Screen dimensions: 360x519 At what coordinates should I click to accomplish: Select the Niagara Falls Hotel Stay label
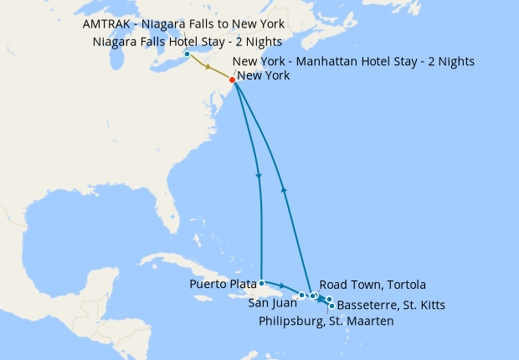(x=188, y=42)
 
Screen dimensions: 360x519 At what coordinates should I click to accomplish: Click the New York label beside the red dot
(x=264, y=76)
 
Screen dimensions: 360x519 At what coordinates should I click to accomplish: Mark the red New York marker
(x=232, y=80)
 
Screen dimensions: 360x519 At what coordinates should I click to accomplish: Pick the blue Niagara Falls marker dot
(x=187, y=54)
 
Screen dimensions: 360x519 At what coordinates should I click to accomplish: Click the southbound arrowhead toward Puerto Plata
(x=259, y=177)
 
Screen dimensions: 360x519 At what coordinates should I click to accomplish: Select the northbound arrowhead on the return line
(x=285, y=189)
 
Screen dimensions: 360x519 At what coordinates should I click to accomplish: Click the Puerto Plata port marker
(x=262, y=283)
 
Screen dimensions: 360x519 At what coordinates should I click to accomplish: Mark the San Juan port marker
(x=301, y=295)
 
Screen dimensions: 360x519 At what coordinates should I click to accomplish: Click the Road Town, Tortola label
(x=373, y=285)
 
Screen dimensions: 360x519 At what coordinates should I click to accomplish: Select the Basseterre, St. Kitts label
(x=390, y=305)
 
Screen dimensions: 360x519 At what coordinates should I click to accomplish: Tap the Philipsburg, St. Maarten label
(x=326, y=321)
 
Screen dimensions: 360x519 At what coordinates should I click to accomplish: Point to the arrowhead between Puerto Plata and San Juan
(x=282, y=287)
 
